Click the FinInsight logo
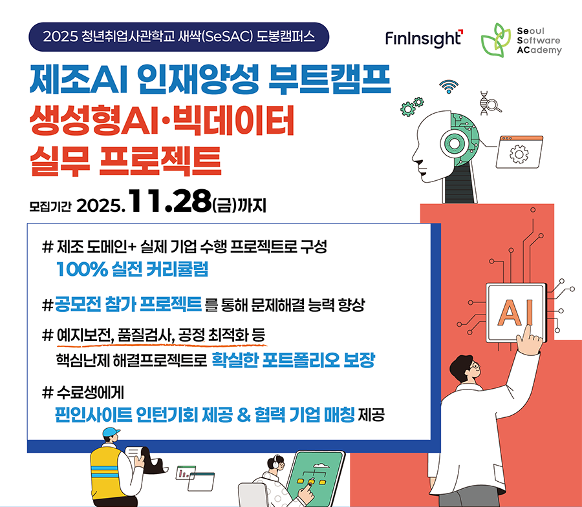[x=424, y=39]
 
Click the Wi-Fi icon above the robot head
[x=449, y=87]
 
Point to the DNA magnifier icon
[x=490, y=103]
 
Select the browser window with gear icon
[x=519, y=152]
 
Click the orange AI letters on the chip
[x=515, y=313]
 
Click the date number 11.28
[x=169, y=202]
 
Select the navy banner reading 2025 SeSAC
[x=179, y=37]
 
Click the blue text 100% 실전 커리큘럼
[x=132, y=269]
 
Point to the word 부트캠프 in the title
[x=330, y=79]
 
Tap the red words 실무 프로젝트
[x=126, y=161]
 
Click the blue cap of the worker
[x=111, y=432]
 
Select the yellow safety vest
[x=107, y=471]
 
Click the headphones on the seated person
[x=275, y=463]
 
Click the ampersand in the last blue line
[x=244, y=415]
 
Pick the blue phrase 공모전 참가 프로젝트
[x=129, y=304]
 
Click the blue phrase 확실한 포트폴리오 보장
[x=293, y=360]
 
